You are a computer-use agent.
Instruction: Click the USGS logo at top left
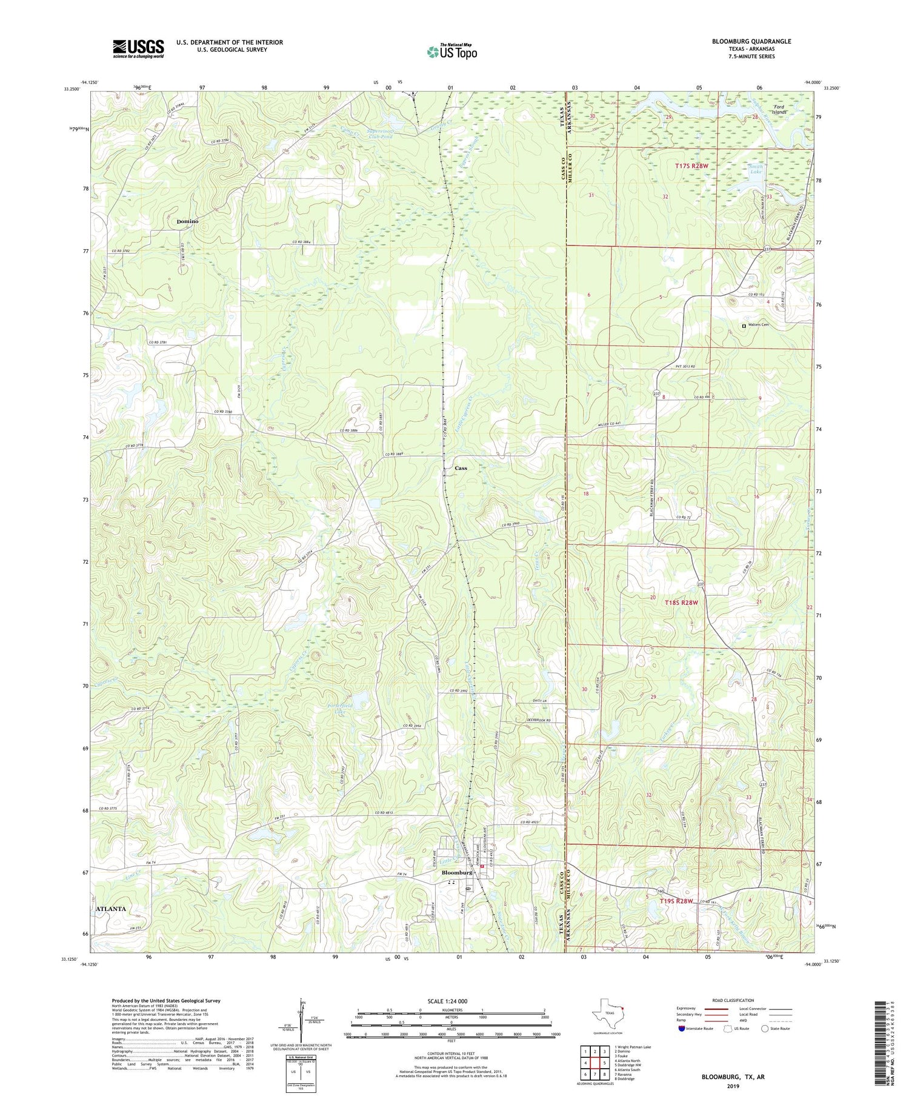click(x=138, y=48)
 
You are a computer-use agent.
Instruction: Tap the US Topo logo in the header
click(x=451, y=52)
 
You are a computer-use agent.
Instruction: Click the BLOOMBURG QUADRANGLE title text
click(x=751, y=41)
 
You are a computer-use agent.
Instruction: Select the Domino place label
click(x=187, y=221)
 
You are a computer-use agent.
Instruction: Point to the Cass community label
click(x=461, y=468)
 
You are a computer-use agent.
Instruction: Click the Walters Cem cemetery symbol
click(x=745, y=326)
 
